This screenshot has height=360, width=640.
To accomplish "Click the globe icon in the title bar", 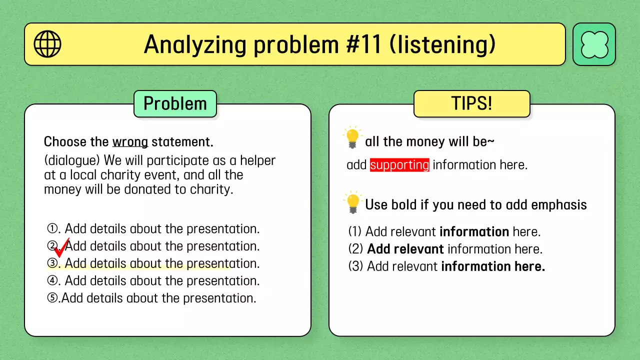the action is click(47, 44).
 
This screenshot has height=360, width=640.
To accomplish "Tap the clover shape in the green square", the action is click(594, 44).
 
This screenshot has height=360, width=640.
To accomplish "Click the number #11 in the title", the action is click(363, 44).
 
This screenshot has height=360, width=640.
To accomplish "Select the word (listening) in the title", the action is click(442, 45).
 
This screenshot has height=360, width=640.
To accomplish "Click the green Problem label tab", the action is click(175, 103).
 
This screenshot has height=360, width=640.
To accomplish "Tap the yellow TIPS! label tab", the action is click(471, 103).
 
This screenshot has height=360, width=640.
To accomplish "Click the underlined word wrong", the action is click(130, 142).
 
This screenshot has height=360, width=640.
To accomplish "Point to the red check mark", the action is click(61, 248).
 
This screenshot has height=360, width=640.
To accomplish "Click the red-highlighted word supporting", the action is click(399, 165).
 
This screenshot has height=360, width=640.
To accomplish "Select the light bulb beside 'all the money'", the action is click(352, 137).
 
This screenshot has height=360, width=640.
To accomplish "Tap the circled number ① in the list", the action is click(52, 228).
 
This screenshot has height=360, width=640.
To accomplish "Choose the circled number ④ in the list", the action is click(52, 280).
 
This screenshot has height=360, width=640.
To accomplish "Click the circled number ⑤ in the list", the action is click(52, 298).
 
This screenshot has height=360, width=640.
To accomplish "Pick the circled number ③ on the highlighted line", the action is click(52, 263).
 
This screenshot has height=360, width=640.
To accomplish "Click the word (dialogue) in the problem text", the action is click(72, 161).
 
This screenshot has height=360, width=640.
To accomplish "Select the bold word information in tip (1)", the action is click(474, 231).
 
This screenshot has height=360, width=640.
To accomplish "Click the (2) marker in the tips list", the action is click(355, 249).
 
